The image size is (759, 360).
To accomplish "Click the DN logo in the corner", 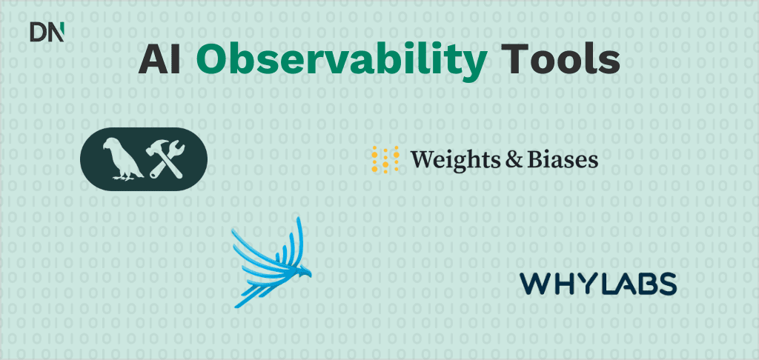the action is click(47, 32).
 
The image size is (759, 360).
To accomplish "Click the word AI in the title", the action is click(160, 60).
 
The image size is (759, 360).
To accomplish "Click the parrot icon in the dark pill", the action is click(121, 159).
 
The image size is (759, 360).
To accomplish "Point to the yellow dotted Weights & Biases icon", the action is click(385, 159).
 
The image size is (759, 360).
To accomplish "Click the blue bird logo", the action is click(271, 261).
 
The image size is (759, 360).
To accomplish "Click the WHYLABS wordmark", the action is click(598, 284).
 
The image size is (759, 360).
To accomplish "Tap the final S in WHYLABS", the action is click(666, 284).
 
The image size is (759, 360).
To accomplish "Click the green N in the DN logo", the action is click(56, 32).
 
